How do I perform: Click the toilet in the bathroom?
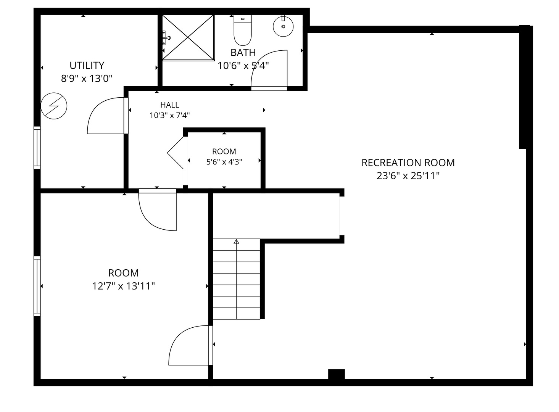point(243,30)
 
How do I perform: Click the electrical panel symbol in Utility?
point(54,106)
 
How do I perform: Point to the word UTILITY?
point(87,66)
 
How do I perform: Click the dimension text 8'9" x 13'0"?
point(87,79)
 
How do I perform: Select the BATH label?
point(243,53)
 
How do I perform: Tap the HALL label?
point(170,105)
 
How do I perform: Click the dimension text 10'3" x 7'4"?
point(170,116)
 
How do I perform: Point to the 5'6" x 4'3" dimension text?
point(224,162)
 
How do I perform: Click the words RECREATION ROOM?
point(408,163)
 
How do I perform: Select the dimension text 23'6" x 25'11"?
point(408,176)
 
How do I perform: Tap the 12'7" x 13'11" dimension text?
point(124,286)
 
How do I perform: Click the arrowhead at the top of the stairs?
point(236,241)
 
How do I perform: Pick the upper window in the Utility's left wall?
point(37,148)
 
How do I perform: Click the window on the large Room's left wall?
point(37,286)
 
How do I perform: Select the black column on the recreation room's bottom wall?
point(337,374)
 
